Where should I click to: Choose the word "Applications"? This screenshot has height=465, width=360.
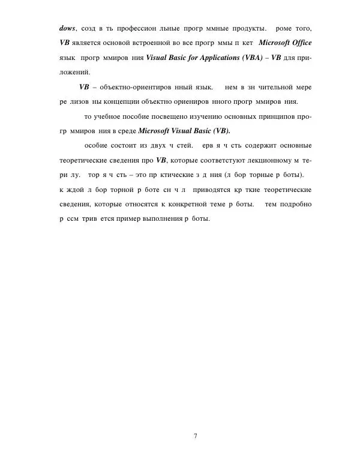(209, 59)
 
